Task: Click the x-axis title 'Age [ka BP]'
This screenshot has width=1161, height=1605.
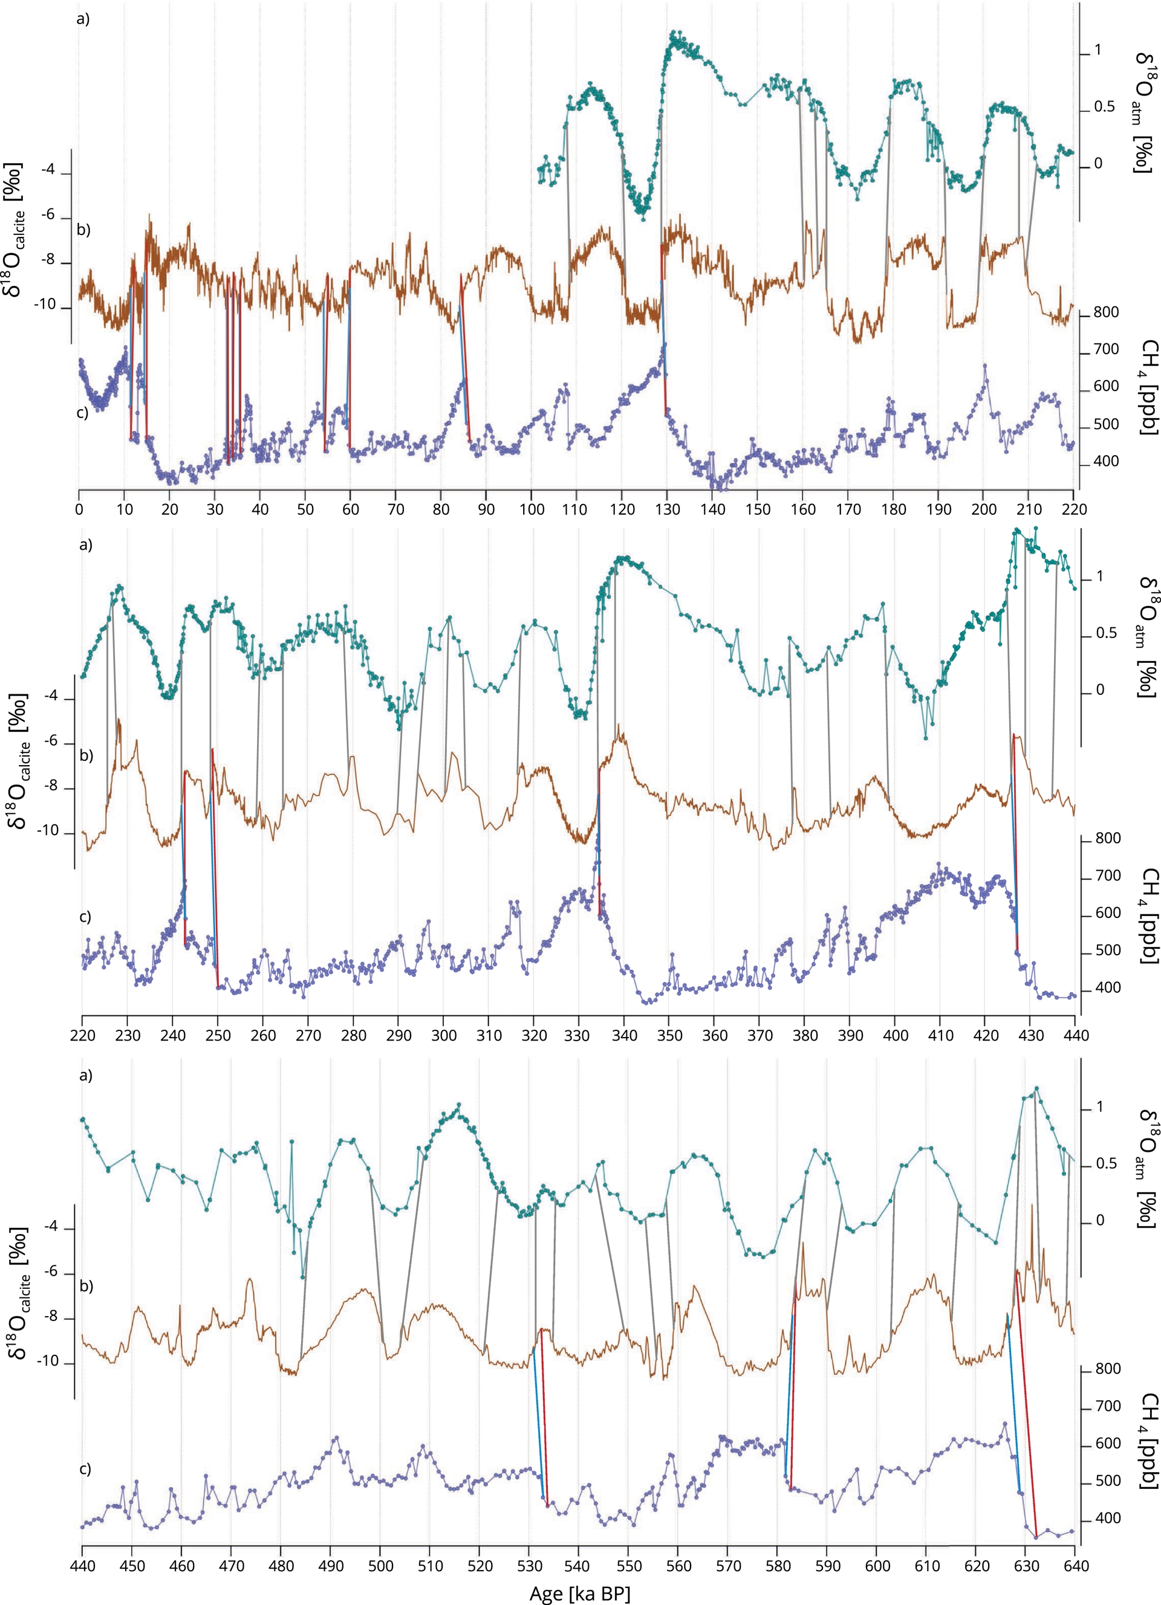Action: pyautogui.click(x=579, y=1593)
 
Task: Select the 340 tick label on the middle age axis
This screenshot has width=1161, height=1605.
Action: pyautogui.click(x=623, y=1035)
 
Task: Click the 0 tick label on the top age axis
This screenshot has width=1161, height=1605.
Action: pyautogui.click(x=79, y=509)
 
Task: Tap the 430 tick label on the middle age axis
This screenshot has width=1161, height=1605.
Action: pyautogui.click(x=1029, y=1035)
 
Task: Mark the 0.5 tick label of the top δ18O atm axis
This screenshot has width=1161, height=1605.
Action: pyautogui.click(x=1104, y=107)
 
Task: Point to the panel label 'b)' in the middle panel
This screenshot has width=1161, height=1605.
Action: pyautogui.click(x=86, y=756)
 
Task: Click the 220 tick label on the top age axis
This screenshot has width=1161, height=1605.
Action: pyautogui.click(x=1074, y=509)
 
